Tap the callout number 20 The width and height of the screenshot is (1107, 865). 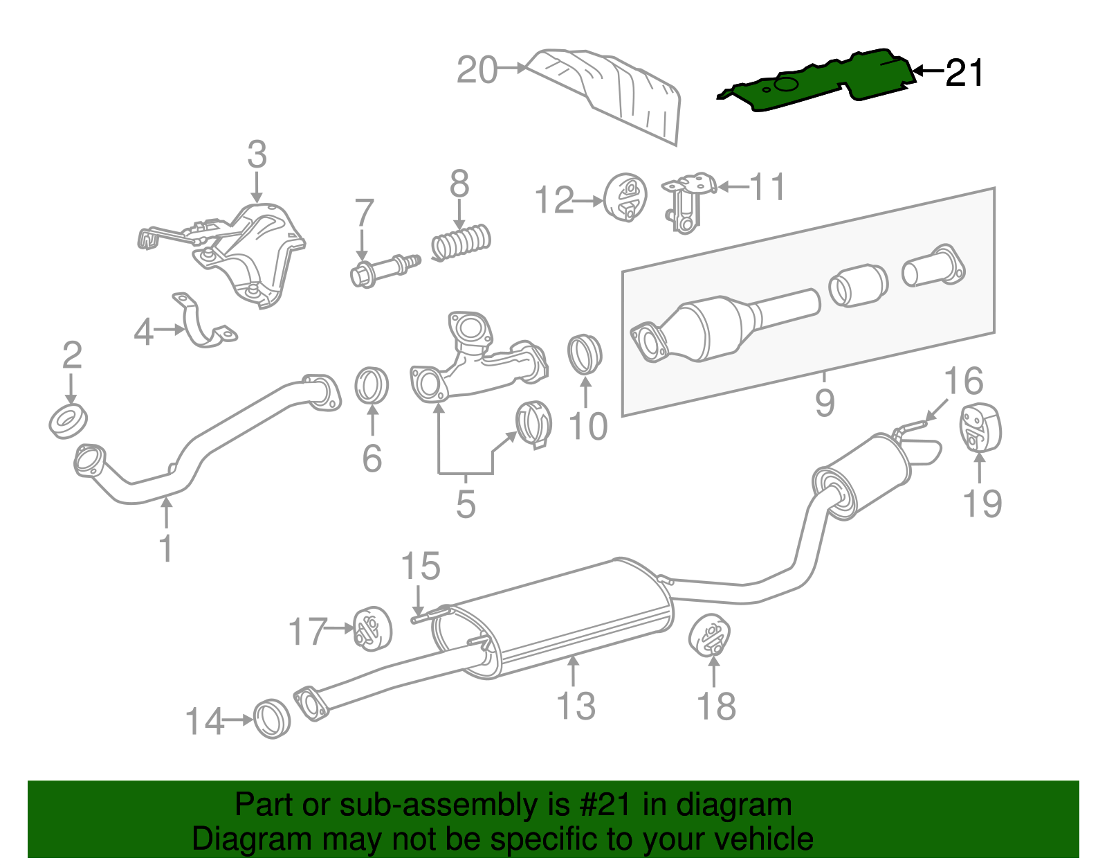[477, 70]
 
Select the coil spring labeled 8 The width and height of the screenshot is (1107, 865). [461, 242]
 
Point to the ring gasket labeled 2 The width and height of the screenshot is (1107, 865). [68, 422]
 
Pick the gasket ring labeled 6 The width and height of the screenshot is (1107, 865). [372, 386]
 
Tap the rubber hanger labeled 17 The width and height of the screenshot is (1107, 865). [372, 628]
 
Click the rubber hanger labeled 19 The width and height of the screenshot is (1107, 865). [980, 427]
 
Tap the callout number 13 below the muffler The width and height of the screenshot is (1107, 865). [576, 706]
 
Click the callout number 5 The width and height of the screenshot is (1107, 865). [466, 503]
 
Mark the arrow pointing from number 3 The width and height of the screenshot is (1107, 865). [257, 187]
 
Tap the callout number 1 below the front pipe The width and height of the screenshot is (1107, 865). [165, 547]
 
